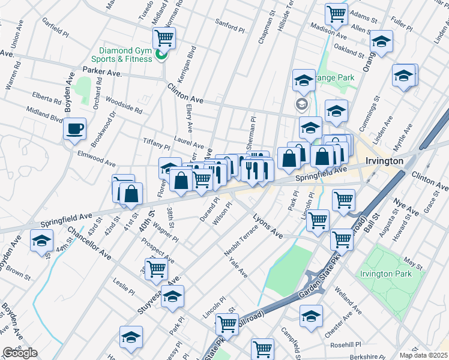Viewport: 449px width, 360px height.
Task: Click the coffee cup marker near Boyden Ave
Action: click(74, 129)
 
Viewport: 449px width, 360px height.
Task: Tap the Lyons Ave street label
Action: click(267, 224)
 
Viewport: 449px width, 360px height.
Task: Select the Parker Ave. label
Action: click(102, 72)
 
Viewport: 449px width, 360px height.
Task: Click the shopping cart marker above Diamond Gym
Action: click(164, 38)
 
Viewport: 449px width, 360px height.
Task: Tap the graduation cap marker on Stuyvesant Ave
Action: click(172, 296)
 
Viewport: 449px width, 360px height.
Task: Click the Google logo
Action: click(20, 353)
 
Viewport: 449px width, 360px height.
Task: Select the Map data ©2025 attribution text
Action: click(423, 355)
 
